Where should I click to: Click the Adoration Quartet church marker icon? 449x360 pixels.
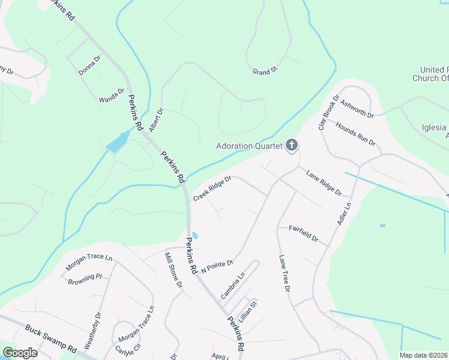[292, 145]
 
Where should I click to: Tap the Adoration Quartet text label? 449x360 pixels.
[250, 146]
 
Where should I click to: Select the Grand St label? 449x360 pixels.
[265, 71]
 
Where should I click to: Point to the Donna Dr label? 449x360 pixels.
[90, 64]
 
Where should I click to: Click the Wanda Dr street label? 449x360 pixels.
[112, 95]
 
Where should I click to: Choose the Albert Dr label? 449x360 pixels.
[156, 120]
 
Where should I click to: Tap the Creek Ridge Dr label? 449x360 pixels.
[212, 188]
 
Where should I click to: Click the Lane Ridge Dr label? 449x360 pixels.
[324, 184]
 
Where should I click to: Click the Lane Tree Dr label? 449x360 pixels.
[284, 273]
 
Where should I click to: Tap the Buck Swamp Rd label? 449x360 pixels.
[52, 340]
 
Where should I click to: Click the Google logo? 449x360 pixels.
[20, 353]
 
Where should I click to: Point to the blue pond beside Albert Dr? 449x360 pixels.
[116, 143]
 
